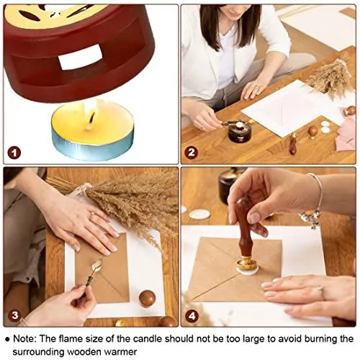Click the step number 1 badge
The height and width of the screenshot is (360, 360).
pos(14,153)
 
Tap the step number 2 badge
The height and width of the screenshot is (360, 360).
pos(192,153)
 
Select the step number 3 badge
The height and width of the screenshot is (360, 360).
pos(15,315)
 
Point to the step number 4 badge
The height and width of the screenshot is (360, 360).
pos(192,316)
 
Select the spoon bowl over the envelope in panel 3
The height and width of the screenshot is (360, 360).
pos(98,264)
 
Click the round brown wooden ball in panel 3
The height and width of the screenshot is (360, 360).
pos(147,298)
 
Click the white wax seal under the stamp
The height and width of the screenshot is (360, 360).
pos(248,271)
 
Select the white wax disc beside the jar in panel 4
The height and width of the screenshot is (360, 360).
pos(199,214)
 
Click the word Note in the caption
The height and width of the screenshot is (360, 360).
pos(24,339)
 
